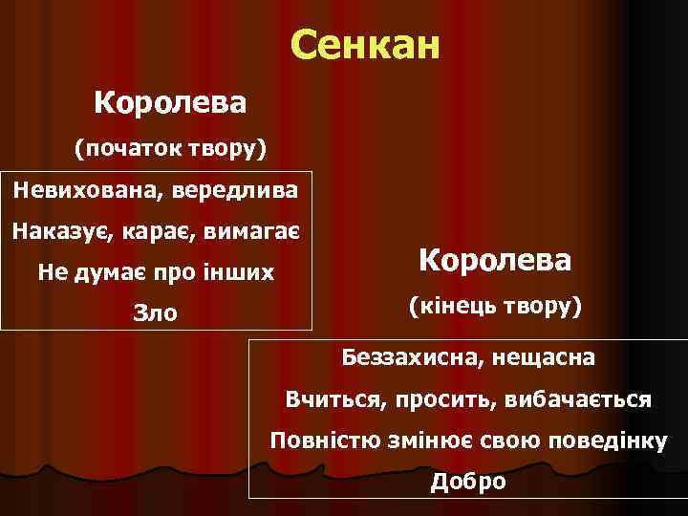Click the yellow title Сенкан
tap(365, 44)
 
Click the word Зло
tap(155, 313)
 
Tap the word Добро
tap(468, 481)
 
